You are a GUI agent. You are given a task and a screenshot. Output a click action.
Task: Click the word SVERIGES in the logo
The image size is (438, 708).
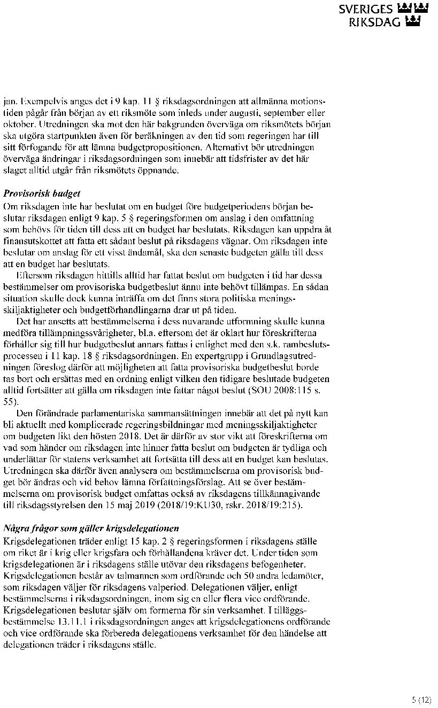[366, 10]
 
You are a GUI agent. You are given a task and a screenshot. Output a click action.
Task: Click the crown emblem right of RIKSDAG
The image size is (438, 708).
[413, 22]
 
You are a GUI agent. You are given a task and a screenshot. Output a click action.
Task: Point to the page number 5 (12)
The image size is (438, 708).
[421, 699]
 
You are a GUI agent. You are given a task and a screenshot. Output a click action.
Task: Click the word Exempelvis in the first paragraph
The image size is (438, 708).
[38, 100]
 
